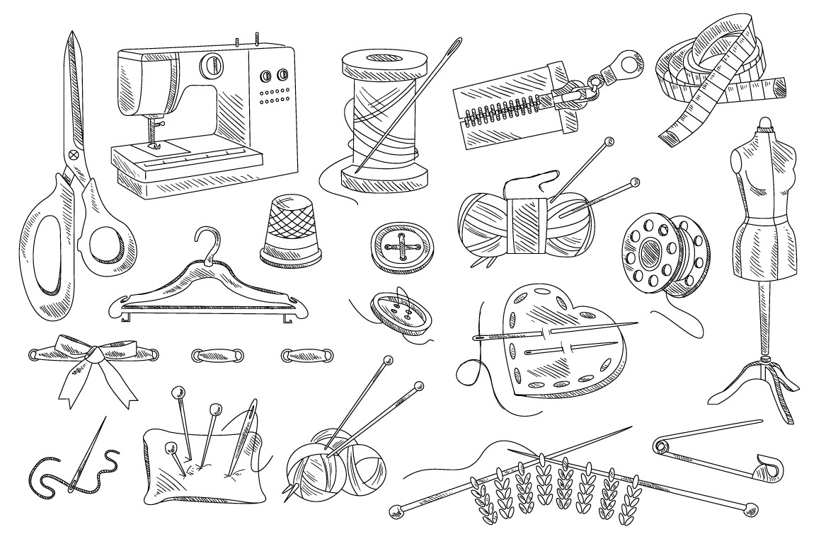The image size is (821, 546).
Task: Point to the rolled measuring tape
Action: [x=715, y=78]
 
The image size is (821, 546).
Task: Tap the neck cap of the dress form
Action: [x=763, y=127]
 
